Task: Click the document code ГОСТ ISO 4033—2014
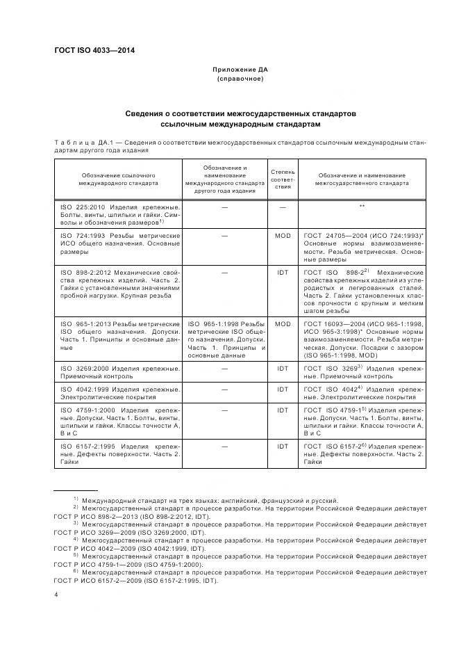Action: pyautogui.click(x=95, y=50)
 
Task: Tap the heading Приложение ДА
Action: pyautogui.click(x=240, y=70)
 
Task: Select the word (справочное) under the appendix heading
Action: pyautogui.click(x=240, y=80)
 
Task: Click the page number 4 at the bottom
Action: pyautogui.click(x=56, y=595)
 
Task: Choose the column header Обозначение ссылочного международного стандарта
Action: pyautogui.click(x=118, y=179)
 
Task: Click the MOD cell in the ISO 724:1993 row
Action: pyautogui.click(x=283, y=236)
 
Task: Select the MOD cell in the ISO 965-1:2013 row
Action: pyautogui.click(x=283, y=324)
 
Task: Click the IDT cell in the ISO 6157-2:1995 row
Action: pyautogui.click(x=283, y=445)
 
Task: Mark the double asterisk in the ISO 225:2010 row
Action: pyautogui.click(x=362, y=207)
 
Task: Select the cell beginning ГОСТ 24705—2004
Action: pyautogui.click(x=362, y=246)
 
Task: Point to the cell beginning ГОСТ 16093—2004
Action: pyautogui.click(x=362, y=339)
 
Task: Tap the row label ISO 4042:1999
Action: pyautogui.click(x=118, y=394)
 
